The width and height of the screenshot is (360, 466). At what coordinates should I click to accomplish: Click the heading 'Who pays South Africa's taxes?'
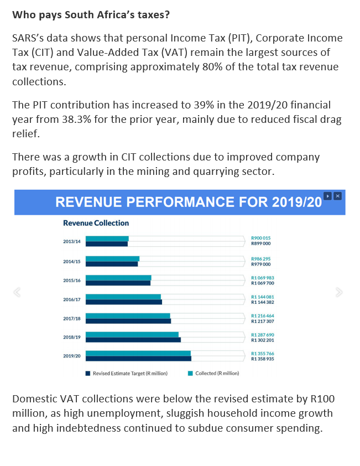tap(91, 15)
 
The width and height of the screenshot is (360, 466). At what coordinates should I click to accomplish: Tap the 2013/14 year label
tap(72, 242)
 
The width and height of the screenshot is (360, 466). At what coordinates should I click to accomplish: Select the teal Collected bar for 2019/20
tap(138, 353)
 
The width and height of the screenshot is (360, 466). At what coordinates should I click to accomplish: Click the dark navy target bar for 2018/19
tap(133, 340)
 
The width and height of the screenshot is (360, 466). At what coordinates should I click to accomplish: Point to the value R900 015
tap(260, 238)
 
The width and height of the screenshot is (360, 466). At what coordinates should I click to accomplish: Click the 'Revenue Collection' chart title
tap(96, 223)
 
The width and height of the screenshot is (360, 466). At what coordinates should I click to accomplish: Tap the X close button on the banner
tap(338, 196)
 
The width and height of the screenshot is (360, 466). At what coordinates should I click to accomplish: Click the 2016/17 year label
tap(72, 299)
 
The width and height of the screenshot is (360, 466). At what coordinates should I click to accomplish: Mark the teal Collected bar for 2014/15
tap(112, 258)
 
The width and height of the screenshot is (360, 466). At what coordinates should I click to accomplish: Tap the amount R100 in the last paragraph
tap(322, 399)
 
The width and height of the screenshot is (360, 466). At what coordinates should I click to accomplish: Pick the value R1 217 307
tap(263, 321)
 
